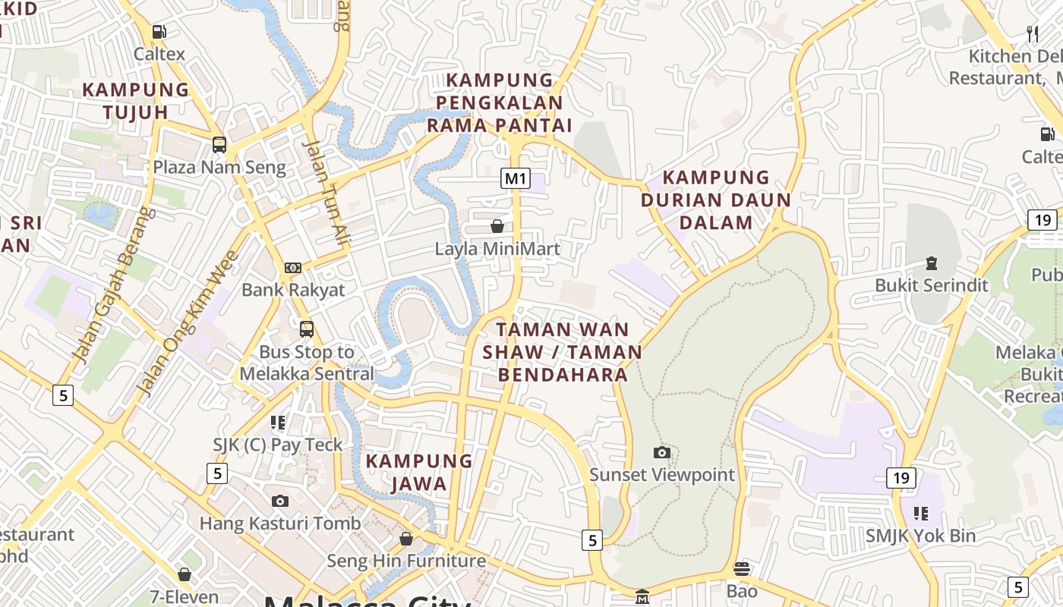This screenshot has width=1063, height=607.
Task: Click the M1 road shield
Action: pos(516,179)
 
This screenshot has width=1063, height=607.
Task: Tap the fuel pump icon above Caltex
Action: pos(159,32)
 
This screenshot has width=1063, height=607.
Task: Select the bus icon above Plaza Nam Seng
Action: pos(219,145)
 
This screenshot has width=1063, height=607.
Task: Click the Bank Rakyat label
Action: pos(293,290)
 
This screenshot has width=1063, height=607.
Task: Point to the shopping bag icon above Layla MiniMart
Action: pos(497,226)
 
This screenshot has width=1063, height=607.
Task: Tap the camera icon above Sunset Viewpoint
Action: pos(662,453)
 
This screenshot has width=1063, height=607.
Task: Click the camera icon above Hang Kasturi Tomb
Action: pos(280,501)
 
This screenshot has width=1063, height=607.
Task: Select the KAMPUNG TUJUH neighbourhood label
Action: pos(136,101)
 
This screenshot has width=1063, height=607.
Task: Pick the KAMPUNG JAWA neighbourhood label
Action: pos(419,473)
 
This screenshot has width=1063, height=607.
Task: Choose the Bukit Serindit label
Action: pos(932,285)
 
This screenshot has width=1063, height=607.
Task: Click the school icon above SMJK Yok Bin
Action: pos(921,514)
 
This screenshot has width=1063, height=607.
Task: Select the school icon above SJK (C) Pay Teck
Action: pos(278,423)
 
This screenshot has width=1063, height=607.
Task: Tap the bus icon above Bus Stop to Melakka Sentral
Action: pos(307,329)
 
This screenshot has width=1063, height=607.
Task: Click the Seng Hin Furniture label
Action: pos(406,561)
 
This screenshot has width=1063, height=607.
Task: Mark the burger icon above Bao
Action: pos(742,568)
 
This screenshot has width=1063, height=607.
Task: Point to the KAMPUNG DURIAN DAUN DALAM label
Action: pos(716,200)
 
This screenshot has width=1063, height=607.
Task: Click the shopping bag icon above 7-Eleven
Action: pos(184,574)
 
